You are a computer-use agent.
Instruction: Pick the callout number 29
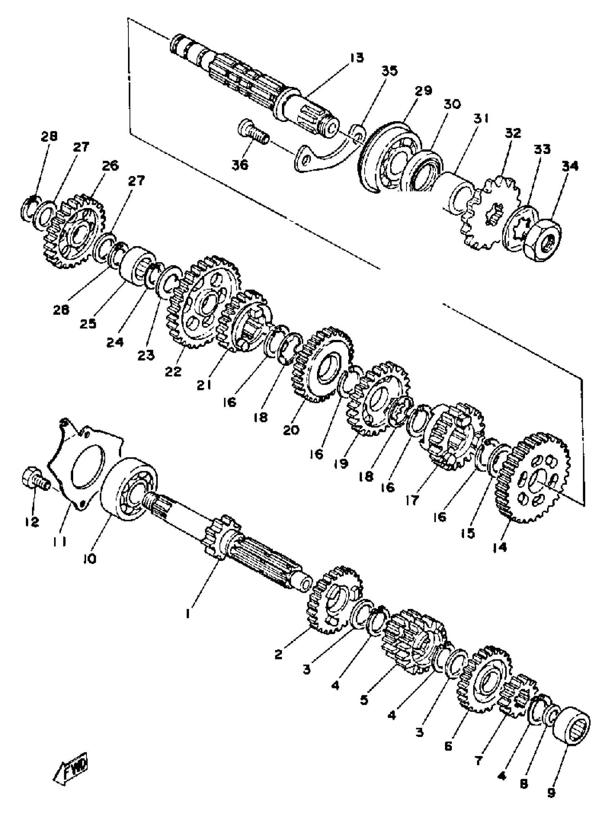pyautogui.click(x=423, y=90)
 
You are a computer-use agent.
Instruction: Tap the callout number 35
pyautogui.click(x=389, y=71)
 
